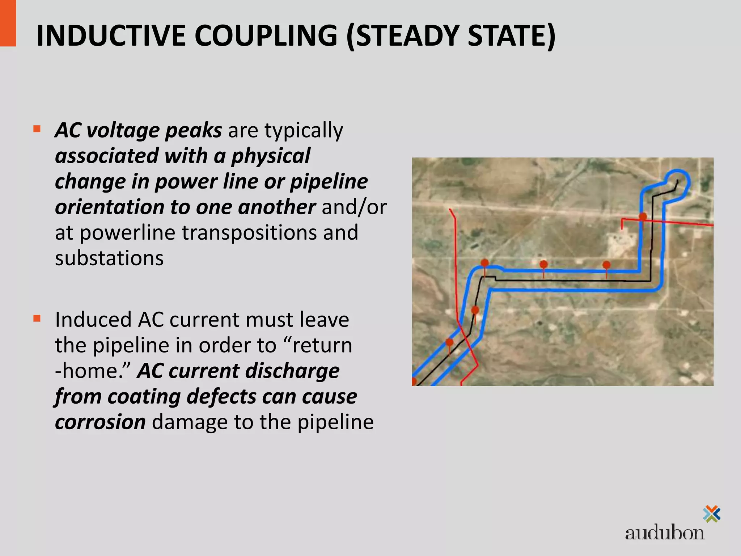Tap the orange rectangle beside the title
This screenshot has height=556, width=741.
tap(8, 23)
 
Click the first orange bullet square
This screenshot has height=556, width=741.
tap(37, 129)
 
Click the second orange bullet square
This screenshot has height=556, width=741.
tap(37, 319)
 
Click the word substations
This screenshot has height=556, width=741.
tap(109, 258)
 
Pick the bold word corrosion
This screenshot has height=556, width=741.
tap(100, 422)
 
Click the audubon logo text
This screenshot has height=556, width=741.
tap(664, 533)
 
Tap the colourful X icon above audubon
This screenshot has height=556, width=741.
tap(711, 514)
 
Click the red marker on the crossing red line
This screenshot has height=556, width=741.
tap(643, 217)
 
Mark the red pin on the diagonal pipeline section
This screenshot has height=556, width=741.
tap(449, 342)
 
